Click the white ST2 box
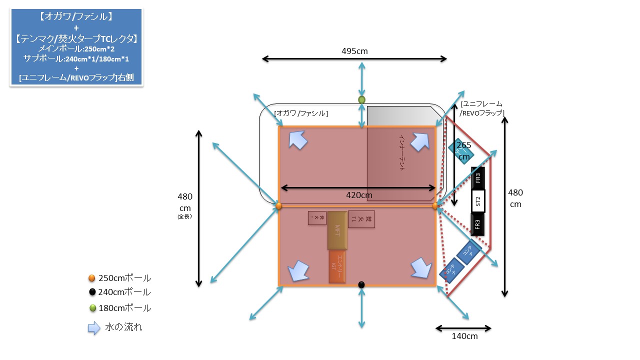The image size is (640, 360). [x=478, y=201]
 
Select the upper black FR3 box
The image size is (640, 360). [x=478, y=177]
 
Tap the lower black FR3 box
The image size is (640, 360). [x=478, y=224]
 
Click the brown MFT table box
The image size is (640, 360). [x=337, y=230]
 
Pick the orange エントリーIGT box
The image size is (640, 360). [x=337, y=266]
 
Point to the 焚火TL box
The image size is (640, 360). [x=361, y=219]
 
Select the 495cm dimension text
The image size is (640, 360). [x=355, y=51]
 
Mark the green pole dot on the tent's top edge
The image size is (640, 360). [x=361, y=99]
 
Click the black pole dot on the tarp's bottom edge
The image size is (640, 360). [x=361, y=284]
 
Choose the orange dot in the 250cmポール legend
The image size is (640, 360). [x=91, y=278]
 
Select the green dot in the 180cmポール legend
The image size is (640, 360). [x=92, y=308]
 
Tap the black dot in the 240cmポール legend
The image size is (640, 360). [x=92, y=292]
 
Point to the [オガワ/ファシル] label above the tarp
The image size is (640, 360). [x=301, y=113]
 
